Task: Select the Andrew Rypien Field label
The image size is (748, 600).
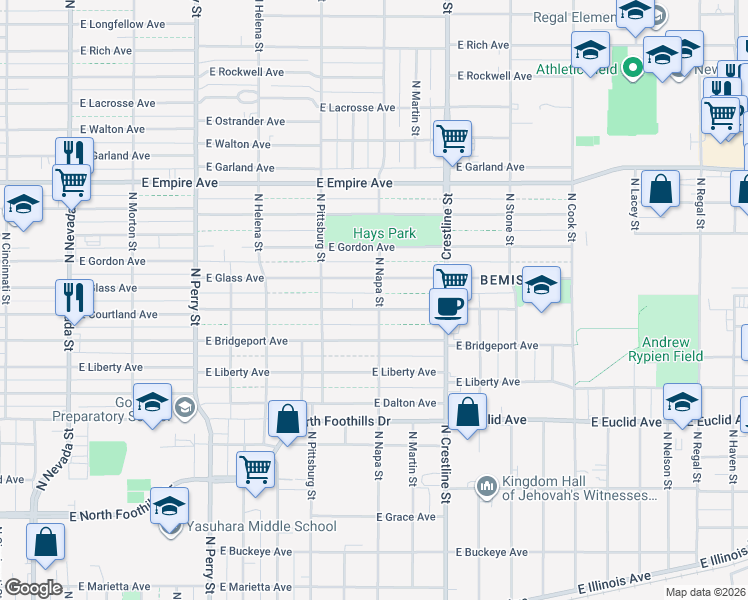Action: point(667,349)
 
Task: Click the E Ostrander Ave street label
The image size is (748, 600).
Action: point(245,122)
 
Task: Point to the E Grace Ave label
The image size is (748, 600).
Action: point(406,517)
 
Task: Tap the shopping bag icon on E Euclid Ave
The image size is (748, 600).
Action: point(467,411)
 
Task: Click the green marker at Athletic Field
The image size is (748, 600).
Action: point(632,69)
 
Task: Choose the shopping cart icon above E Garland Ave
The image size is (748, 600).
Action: point(452,139)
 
